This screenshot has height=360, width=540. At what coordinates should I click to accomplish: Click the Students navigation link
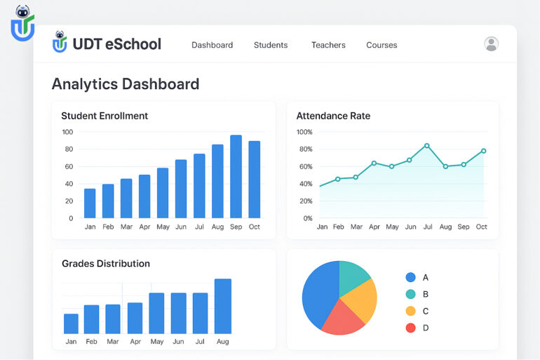coord(271,45)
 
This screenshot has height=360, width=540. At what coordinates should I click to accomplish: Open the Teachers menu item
coord(328,45)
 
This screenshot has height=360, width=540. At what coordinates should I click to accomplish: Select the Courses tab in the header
coord(382,45)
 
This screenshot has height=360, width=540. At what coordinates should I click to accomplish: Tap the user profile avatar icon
coord(492,44)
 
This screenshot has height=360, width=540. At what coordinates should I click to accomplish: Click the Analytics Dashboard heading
coord(126,84)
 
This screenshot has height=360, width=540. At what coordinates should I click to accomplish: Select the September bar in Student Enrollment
coord(236,176)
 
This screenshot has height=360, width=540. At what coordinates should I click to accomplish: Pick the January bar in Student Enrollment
coord(90,203)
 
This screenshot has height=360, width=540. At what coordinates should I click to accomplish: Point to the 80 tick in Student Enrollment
coord(67,149)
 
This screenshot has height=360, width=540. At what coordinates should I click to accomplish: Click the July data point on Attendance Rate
coord(426,146)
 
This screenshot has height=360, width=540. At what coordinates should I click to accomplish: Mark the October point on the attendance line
coord(483,151)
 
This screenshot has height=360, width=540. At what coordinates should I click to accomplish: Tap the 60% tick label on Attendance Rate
coord(304,166)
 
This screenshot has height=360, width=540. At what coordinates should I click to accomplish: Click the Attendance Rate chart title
coord(333,116)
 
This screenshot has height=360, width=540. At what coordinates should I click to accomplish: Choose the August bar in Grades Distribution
coord(223,306)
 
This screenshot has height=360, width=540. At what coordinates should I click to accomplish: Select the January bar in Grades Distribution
coord(71,323)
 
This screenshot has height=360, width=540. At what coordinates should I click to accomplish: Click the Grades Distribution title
coord(106,264)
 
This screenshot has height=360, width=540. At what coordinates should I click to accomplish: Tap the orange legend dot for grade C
coord(410,311)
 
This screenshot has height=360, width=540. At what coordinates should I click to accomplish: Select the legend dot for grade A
coord(410,277)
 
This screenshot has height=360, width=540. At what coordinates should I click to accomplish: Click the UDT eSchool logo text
coord(117,44)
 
